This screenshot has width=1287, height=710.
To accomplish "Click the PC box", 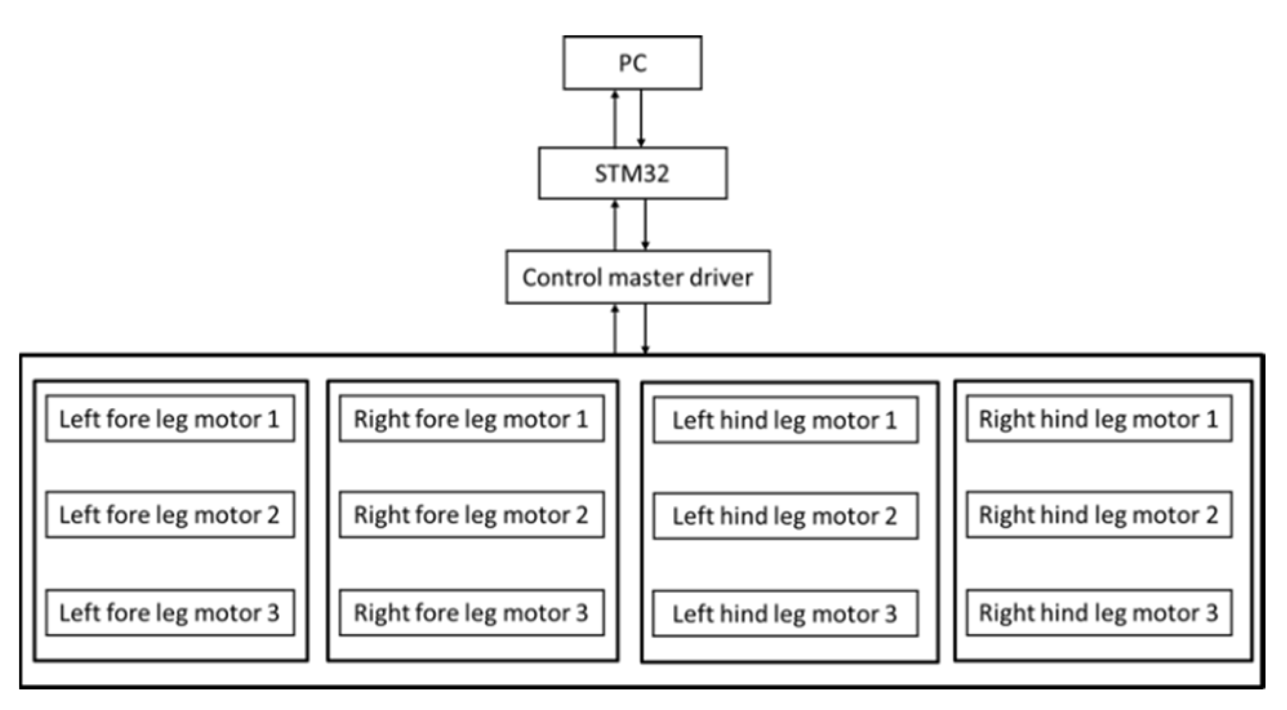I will click(632, 63).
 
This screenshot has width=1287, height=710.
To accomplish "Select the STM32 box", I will click(632, 173).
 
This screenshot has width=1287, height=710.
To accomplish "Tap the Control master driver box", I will click(637, 277).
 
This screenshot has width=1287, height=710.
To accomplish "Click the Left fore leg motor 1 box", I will click(170, 419).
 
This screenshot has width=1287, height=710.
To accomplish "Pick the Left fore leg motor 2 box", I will click(170, 515).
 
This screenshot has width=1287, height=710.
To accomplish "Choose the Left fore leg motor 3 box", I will click(170, 612).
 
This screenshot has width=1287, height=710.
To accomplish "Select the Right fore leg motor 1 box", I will click(471, 419).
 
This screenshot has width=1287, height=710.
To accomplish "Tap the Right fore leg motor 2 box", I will click(471, 515).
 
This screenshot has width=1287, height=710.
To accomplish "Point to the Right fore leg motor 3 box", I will click(471, 612).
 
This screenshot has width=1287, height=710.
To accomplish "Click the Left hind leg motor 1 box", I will click(785, 420).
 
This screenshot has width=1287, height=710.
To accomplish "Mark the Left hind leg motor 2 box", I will click(785, 516).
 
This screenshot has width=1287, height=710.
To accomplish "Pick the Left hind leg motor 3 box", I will click(785, 613).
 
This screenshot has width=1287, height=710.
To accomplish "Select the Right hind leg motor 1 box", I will click(1098, 419).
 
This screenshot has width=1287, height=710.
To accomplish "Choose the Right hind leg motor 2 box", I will click(1098, 515).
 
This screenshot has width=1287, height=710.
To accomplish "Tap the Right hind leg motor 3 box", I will click(1098, 612).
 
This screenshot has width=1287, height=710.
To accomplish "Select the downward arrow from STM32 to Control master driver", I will click(645, 224).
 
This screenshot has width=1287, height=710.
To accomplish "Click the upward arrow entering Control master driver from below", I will click(615, 329).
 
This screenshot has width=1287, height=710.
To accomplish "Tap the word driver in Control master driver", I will click(721, 277).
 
